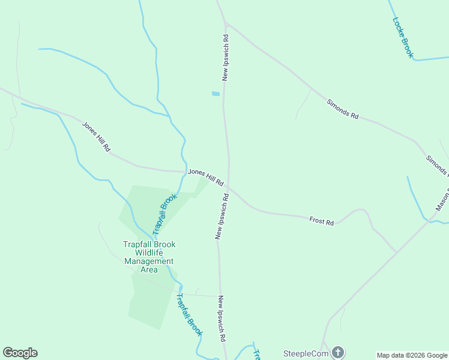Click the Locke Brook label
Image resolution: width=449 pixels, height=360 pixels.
[x=403, y=37]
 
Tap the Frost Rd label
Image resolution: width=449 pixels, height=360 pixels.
[x=321, y=221]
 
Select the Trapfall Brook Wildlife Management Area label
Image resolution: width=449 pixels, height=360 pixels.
[x=148, y=257]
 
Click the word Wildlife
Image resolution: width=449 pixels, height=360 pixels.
[x=148, y=253]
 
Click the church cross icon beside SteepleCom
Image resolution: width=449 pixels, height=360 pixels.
[x=338, y=352]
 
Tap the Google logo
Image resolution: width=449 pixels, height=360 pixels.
[x=20, y=353]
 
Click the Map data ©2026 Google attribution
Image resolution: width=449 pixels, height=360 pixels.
[x=412, y=355]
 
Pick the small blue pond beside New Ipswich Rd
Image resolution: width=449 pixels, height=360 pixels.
[x=215, y=94]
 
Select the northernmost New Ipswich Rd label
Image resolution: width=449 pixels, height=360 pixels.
[x=225, y=58]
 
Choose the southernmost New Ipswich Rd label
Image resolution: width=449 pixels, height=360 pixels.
[x=221, y=319]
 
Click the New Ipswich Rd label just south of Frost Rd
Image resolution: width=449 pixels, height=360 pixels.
[x=221, y=217]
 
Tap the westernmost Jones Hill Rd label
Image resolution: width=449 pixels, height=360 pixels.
[x=97, y=136]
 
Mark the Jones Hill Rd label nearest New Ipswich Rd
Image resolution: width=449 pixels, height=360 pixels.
[x=206, y=176]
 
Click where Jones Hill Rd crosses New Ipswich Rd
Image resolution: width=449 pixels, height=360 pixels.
[x=228, y=185]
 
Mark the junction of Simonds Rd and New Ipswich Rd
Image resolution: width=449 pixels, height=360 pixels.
[x=225, y=23]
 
